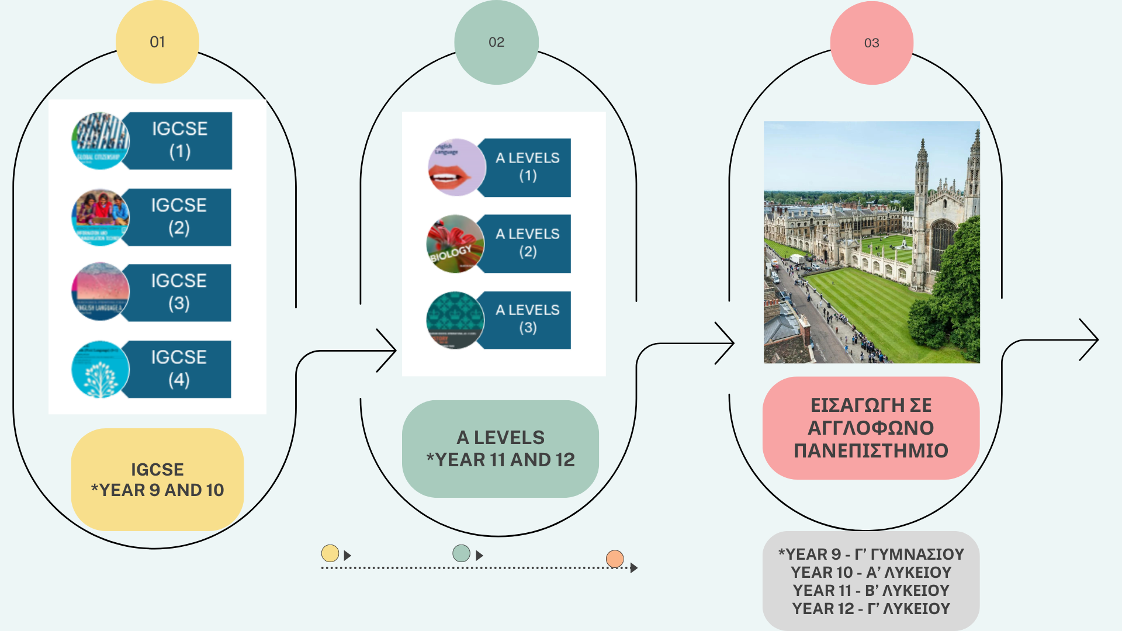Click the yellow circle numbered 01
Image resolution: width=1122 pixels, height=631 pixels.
(157, 42)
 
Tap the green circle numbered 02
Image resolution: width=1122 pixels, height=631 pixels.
(496, 42)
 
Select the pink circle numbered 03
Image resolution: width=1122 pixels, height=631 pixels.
(871, 43)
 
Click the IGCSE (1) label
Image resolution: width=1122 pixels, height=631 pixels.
(179, 140)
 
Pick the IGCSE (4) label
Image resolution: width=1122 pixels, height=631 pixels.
(179, 369)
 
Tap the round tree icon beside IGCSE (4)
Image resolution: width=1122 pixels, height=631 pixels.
(100, 370)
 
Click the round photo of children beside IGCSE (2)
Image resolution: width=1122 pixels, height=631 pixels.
(100, 217)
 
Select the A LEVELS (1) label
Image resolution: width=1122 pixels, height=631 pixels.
(527, 167)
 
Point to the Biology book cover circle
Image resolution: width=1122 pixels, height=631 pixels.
(455, 244)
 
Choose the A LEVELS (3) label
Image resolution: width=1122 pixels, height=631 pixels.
(527, 319)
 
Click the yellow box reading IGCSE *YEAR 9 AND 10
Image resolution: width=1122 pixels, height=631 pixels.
(157, 480)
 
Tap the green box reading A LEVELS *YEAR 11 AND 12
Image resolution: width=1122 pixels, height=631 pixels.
(500, 449)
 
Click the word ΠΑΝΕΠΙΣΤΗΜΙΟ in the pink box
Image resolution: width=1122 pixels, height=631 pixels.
(871, 450)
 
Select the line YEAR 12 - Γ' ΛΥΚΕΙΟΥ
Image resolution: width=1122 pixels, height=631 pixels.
(871, 609)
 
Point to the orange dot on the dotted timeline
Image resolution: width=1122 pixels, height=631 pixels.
(615, 559)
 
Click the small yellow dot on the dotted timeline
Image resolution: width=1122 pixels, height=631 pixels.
(330, 553)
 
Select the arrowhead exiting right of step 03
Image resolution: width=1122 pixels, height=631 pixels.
(1092, 339)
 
